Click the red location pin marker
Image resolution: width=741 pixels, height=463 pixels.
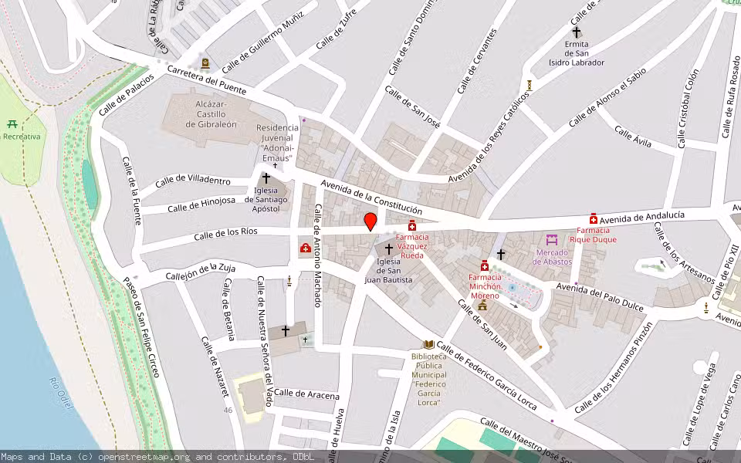[370, 221]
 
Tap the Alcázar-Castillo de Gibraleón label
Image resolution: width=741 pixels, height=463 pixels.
[195, 113]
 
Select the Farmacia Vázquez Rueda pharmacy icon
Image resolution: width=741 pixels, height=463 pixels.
[412, 225]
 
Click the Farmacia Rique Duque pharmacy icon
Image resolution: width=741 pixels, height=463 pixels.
[594, 218]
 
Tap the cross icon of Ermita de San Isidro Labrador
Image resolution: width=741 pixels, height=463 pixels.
[576, 32]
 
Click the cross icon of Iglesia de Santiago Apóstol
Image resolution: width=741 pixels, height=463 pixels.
[266, 178]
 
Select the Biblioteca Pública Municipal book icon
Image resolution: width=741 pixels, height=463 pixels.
[428, 344]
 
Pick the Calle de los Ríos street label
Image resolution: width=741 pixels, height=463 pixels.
[225, 232]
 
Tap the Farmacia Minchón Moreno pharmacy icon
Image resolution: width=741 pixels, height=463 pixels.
[485, 265]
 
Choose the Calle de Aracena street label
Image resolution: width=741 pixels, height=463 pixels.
[306, 394]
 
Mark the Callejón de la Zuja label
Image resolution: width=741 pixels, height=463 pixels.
[200, 272]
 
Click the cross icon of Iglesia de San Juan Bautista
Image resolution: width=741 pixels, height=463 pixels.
[389, 249]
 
